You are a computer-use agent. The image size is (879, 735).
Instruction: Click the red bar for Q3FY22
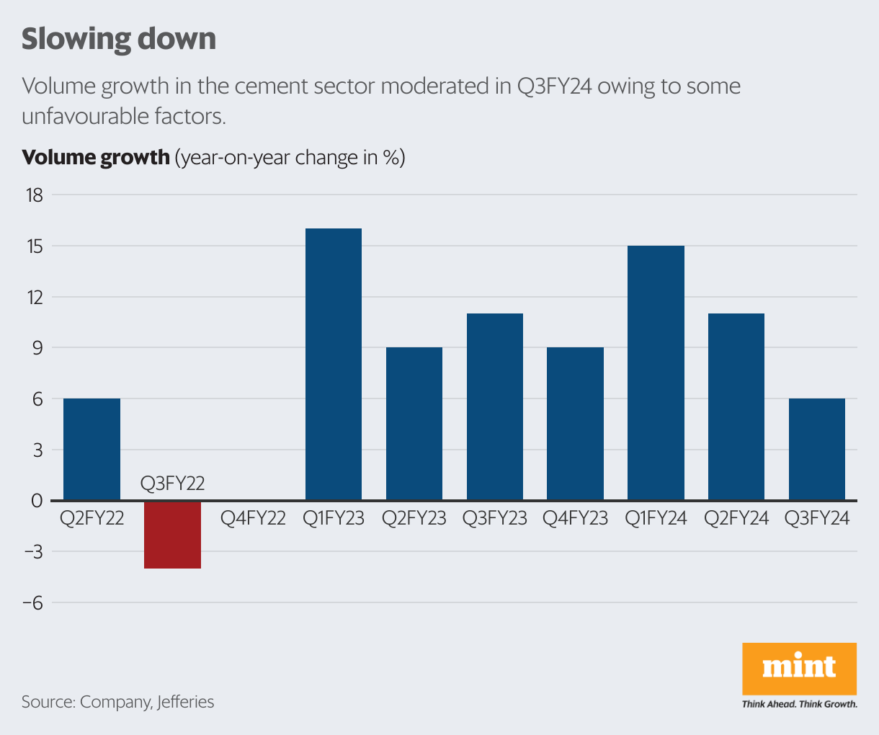172,535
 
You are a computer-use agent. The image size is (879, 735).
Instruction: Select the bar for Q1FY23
334,365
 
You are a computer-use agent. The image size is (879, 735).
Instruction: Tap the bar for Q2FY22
92,449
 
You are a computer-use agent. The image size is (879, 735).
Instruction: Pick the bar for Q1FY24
656,373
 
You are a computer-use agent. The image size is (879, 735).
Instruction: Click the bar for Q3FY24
816,449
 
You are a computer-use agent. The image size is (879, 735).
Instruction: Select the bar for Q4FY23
575,424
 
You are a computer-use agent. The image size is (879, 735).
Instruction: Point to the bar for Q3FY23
494,407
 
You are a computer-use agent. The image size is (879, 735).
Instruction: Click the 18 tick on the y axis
34,195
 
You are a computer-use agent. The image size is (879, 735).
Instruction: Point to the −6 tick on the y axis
32,603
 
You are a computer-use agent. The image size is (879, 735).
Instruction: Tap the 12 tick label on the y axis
34,297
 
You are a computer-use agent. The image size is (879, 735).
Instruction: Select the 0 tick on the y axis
37,501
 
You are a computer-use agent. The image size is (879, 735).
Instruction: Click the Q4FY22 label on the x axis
253,518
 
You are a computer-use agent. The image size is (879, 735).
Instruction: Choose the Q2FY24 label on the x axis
736,518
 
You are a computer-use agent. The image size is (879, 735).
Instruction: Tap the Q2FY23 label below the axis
414,518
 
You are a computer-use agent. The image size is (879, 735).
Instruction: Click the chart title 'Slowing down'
119,39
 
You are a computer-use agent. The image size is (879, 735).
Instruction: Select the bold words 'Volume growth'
95,157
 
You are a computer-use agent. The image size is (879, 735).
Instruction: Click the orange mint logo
799,668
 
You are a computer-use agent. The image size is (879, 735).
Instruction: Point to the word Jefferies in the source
185,702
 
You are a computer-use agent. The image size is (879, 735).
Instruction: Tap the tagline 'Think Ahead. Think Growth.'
799,704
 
